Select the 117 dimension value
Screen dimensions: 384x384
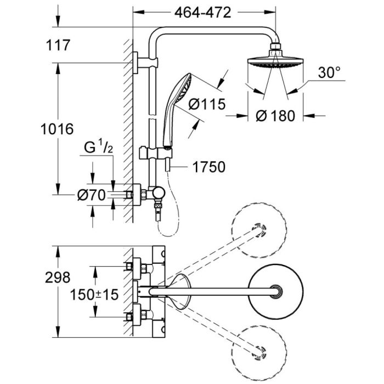pyautogui.click(x=60, y=46)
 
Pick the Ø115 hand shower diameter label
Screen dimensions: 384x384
pyautogui.click(x=206, y=104)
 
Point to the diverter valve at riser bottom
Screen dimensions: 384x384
pyautogui.click(x=159, y=194)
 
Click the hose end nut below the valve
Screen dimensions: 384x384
pyautogui.click(x=158, y=212)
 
